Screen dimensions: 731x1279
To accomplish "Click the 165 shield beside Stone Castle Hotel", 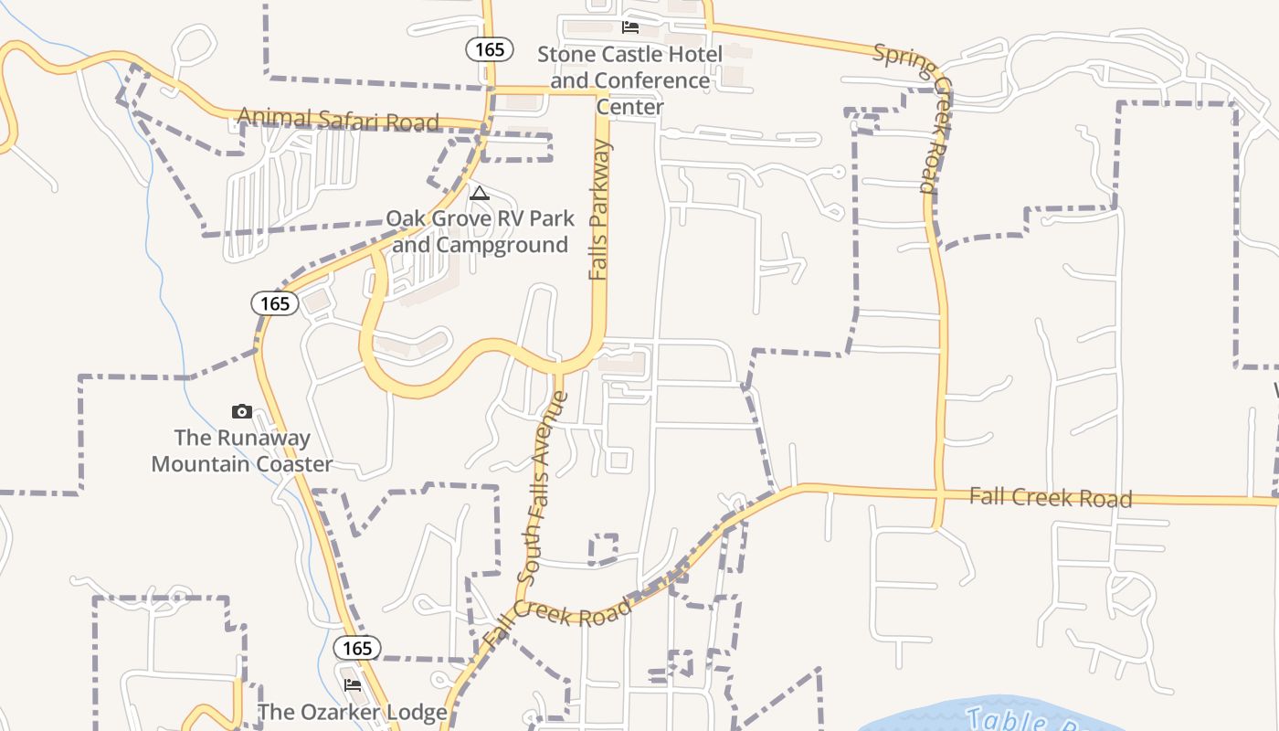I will click(490, 49).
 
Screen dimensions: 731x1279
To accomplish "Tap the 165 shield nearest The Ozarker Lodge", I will click(357, 648).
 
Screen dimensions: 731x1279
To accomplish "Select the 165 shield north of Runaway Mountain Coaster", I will click(274, 303).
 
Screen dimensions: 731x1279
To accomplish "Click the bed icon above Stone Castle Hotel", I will click(629, 26).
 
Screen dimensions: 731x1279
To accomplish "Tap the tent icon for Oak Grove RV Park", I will click(479, 193).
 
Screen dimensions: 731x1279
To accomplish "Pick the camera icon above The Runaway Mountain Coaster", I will click(241, 411).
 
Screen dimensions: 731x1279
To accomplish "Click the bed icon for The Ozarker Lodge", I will click(352, 684).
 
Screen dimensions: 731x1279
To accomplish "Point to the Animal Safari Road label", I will click(338, 120).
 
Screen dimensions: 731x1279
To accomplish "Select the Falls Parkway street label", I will click(599, 209).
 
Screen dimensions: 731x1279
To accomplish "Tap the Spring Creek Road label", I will click(915, 118).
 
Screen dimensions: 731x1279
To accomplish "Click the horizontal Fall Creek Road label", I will click(1050, 497).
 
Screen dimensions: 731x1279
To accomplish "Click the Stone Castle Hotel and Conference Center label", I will click(629, 80).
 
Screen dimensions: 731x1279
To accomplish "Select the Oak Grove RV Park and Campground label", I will click(480, 232).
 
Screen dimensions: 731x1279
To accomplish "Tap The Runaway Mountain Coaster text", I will click(242, 450).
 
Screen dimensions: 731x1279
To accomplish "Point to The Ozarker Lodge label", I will click(352, 712).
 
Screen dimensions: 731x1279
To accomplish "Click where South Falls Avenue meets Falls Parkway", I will click(558, 366).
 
